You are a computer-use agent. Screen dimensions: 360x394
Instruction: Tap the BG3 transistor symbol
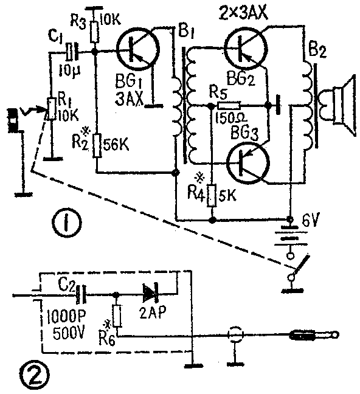coord(248,163)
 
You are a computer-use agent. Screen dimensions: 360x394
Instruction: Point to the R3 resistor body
coord(94,32)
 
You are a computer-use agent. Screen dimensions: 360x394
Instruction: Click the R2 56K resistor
coord(97,146)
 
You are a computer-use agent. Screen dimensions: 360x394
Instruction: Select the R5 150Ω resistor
coord(229,106)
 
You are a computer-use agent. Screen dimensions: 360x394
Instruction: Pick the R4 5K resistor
coord(212,196)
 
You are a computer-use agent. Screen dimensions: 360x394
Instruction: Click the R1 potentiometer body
coord(52,109)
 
